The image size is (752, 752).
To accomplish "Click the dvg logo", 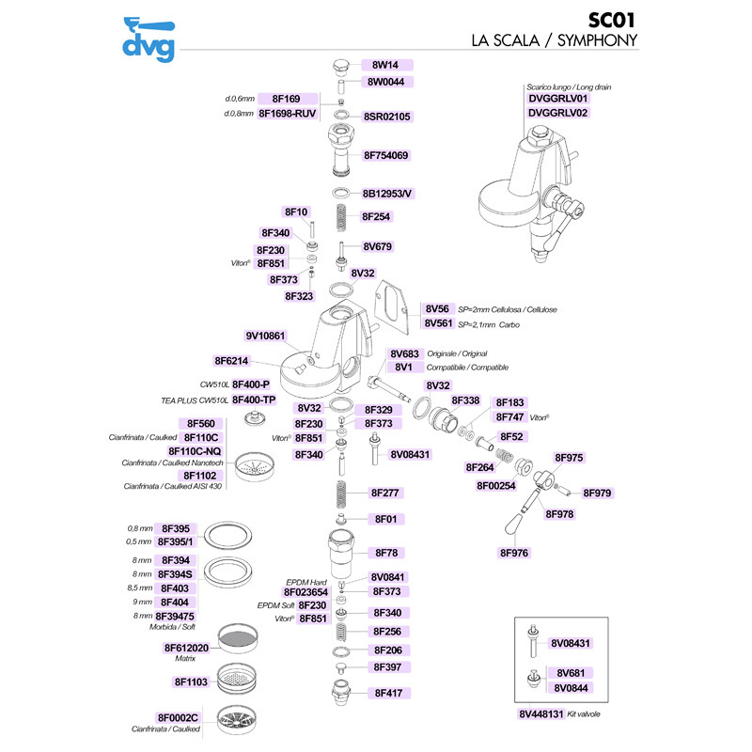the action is [149, 39].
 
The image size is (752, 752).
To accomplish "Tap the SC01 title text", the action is [612, 20].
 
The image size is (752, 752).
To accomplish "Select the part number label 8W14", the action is [385, 65].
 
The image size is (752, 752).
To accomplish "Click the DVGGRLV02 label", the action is [557, 113].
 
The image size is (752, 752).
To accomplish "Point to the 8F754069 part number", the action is [386, 155].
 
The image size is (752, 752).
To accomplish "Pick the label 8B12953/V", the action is [386, 194].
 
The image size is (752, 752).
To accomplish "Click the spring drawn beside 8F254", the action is [340, 218].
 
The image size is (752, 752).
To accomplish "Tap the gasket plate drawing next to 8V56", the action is [391, 307].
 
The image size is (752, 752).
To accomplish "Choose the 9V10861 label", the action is [265, 336].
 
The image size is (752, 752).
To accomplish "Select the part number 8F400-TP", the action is [254, 399].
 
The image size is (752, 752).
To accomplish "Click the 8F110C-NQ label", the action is [195, 451].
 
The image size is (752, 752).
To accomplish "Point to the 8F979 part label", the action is [597, 493].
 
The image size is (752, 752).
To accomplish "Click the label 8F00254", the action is [496, 486].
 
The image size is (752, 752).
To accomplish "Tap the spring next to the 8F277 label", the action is [340, 494].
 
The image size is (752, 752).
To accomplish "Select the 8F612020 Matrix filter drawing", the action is [238, 639].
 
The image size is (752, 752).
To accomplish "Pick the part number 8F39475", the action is [175, 616].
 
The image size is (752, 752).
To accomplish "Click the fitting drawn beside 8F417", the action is [341, 693].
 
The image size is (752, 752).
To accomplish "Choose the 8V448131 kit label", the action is [541, 714].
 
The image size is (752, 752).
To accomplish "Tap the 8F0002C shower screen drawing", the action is [238, 720].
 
